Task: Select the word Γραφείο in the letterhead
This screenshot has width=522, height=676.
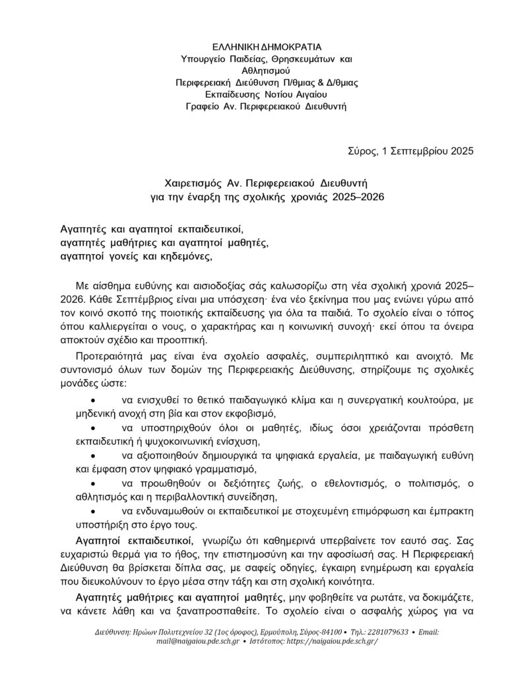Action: pyautogui.click(x=204, y=106)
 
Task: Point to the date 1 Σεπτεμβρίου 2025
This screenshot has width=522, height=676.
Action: pyautogui.click(x=428, y=151)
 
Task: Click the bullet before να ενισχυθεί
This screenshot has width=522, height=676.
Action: pyautogui.click(x=93, y=401)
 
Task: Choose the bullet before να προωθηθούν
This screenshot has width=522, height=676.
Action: pyautogui.click(x=93, y=484)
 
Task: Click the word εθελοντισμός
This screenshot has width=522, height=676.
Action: pyautogui.click(x=340, y=484)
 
